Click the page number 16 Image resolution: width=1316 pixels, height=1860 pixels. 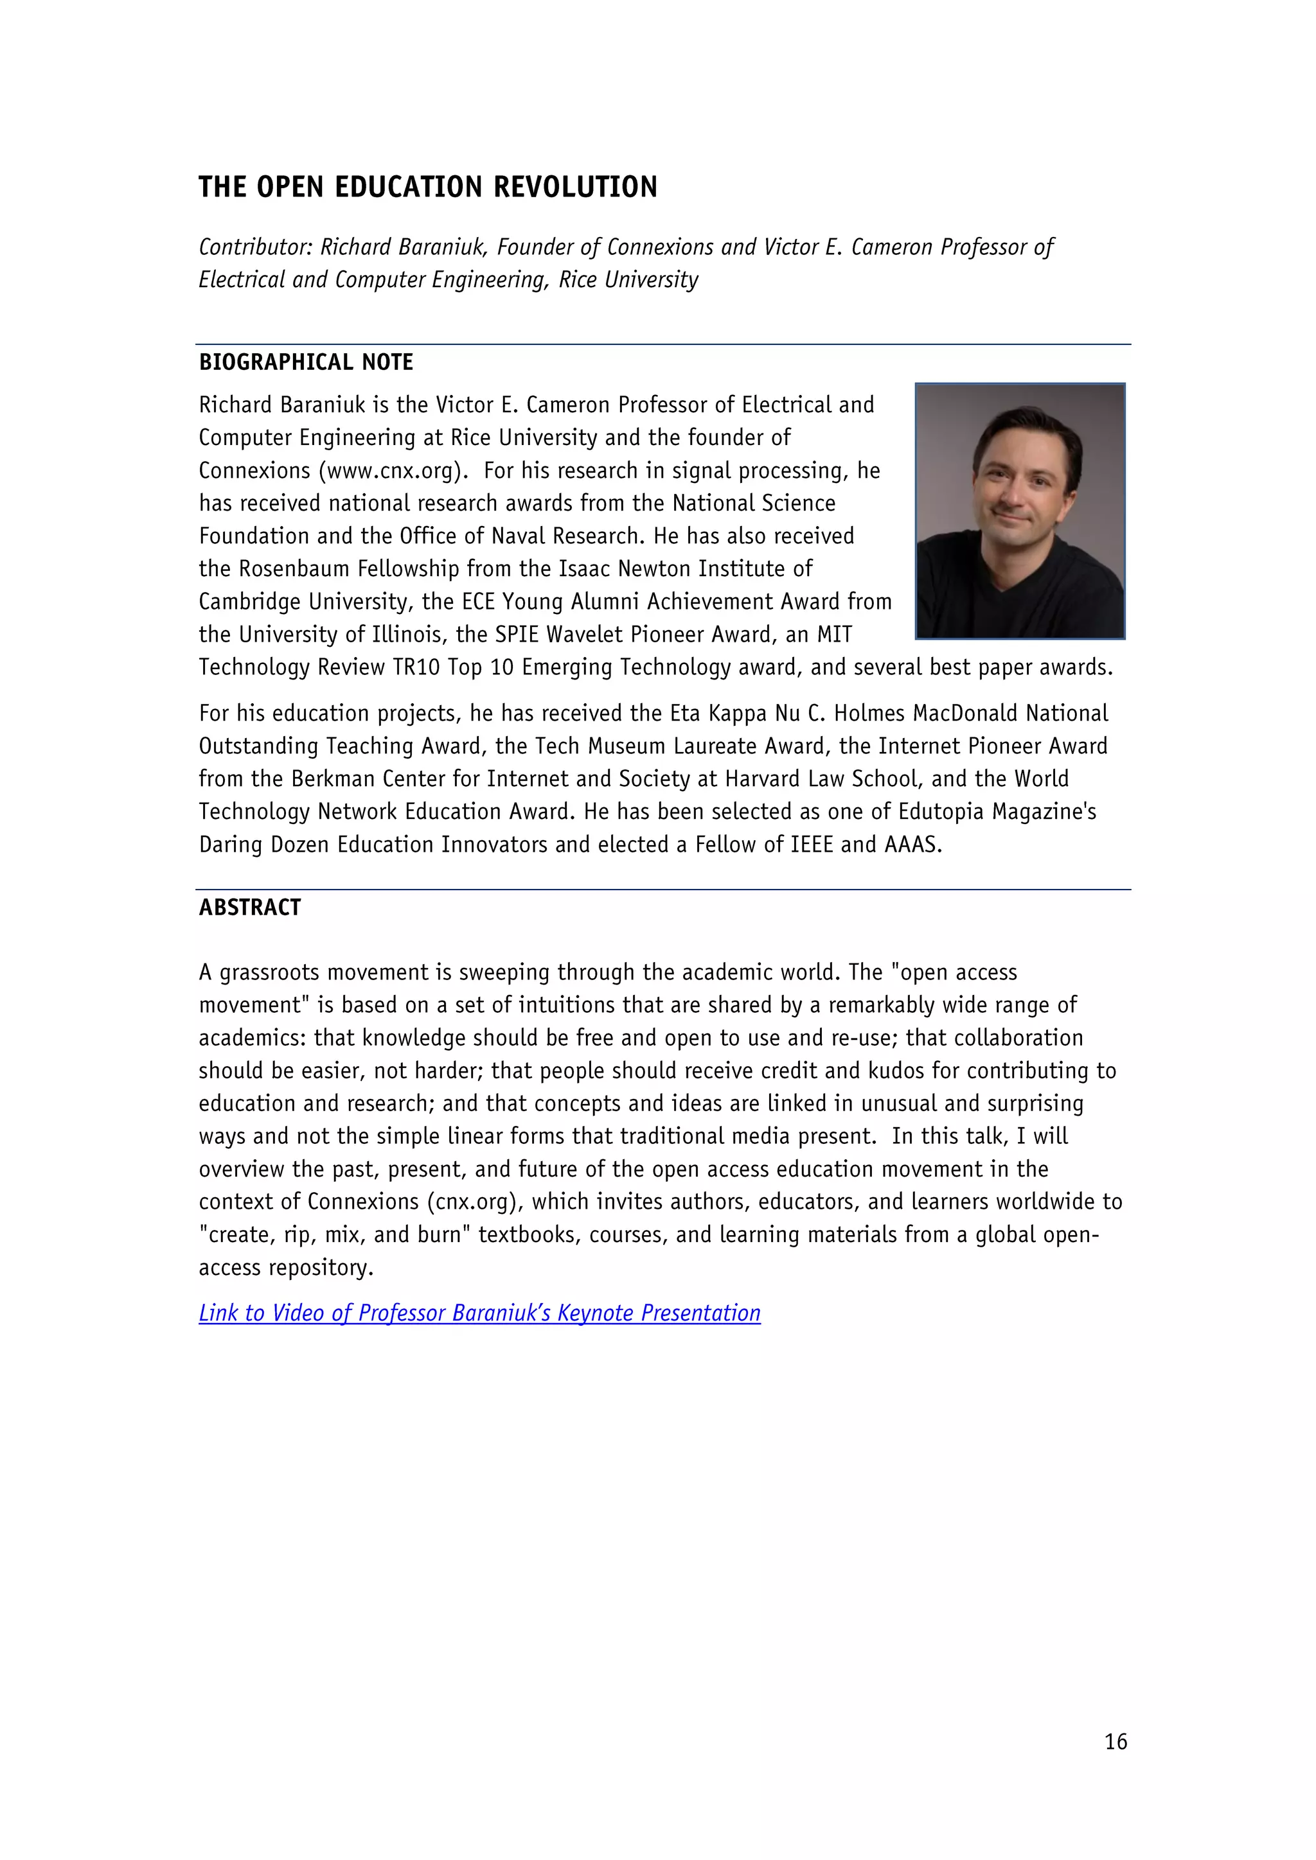coord(1115,1742)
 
